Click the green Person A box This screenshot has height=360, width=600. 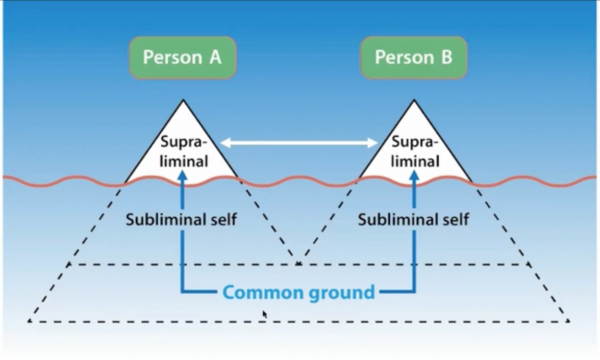(x=182, y=57)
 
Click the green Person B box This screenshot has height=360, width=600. (x=414, y=57)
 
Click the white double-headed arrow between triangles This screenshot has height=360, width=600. (x=299, y=143)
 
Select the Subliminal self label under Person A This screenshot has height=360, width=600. (x=182, y=220)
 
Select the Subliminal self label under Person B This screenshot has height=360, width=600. (x=413, y=220)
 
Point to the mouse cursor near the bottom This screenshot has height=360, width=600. (x=264, y=314)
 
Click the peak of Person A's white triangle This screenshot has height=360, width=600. (x=183, y=100)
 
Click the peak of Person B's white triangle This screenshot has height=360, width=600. (x=414, y=100)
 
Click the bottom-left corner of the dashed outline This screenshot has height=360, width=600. (x=30, y=321)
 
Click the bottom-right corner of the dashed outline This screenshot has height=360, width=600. (x=568, y=321)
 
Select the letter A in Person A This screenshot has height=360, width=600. (x=214, y=57)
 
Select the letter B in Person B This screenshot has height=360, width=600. (x=446, y=57)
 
